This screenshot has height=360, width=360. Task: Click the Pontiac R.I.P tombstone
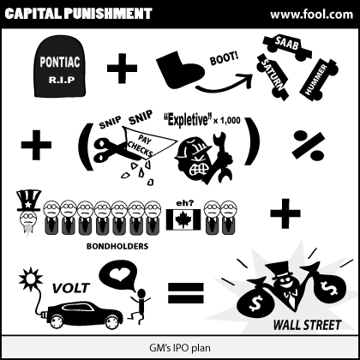coord(60,68)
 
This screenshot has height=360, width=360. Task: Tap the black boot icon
coord(179,70)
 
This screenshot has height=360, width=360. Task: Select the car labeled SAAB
coord(286,47)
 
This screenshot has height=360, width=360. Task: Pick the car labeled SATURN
coord(273,76)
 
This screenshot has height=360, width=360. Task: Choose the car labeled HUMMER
coord(318,79)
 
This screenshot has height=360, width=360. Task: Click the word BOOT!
coord(224,59)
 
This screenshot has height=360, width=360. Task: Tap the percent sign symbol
coord(309,145)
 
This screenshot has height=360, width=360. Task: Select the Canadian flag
coord(183,219)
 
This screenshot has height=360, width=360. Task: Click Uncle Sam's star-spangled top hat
coord(28,201)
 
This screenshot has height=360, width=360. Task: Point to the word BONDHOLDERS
coord(117,246)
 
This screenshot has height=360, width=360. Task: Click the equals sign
coord(185,293)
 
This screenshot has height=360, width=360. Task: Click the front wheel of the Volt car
coord(112,321)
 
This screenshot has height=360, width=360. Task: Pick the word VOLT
coord(71,288)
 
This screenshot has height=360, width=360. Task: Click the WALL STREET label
coord(308,325)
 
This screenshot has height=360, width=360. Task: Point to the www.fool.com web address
coord(312,15)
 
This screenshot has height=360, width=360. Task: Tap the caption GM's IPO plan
coord(180,348)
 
